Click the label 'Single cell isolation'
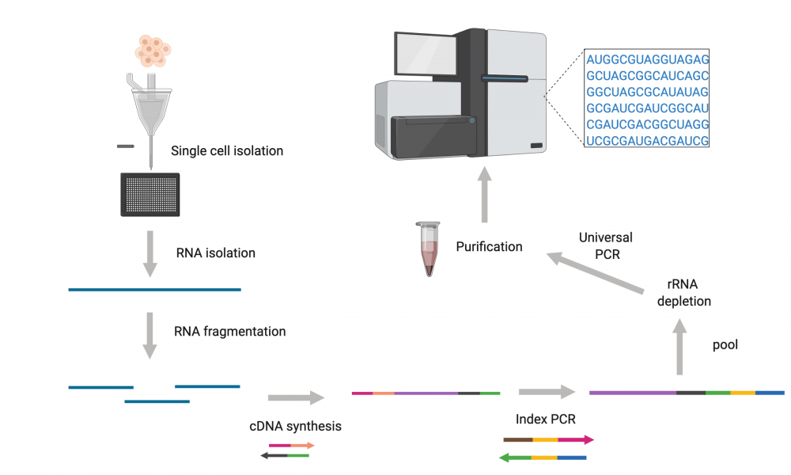[227, 151]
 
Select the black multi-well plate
[149, 194]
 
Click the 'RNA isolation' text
[215, 253]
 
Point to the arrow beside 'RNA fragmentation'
[149, 335]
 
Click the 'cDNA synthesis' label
[295, 426]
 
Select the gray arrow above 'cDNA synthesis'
[296, 397]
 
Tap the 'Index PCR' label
[545, 419]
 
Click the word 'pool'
[725, 345]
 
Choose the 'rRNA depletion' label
[683, 293]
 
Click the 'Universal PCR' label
[606, 246]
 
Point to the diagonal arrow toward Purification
[596, 272]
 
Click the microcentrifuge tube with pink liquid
[428, 249]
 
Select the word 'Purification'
[489, 247]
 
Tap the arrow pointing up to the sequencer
[484, 195]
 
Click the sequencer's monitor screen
[426, 55]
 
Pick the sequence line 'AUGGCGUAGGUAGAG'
[647, 59]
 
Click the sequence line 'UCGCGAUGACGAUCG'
[647, 141]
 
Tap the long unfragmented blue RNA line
[154, 290]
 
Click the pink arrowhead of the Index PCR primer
[589, 439]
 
